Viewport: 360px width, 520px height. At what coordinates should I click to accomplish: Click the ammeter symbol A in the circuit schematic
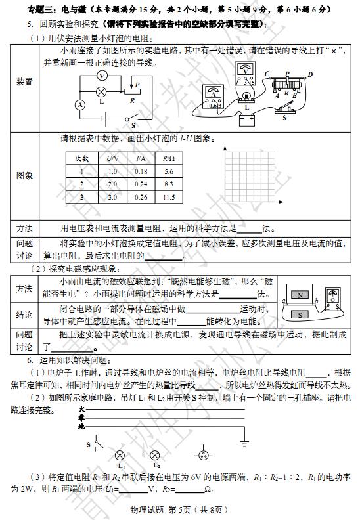[79, 104]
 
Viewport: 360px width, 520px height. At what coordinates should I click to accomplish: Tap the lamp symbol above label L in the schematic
[102, 92]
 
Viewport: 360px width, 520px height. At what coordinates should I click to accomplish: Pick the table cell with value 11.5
[168, 197]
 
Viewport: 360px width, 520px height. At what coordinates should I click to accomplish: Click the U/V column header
[112, 159]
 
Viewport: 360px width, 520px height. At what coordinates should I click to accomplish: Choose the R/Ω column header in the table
[168, 159]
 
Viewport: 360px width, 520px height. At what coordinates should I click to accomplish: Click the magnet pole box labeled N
[299, 295]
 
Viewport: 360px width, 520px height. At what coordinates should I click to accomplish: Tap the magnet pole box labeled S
[299, 314]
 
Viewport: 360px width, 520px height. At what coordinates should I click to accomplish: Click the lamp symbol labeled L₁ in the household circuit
[120, 455]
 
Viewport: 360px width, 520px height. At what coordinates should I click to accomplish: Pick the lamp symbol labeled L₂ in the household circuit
[156, 455]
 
